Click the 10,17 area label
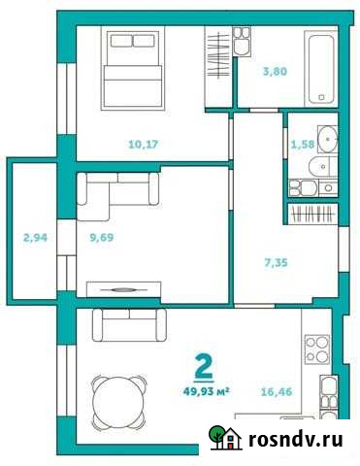pos(145,146)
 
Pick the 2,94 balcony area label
pos(34,235)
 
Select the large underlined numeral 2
pos(205,367)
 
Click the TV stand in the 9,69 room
pos(123,287)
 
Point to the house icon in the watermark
pos(225,441)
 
